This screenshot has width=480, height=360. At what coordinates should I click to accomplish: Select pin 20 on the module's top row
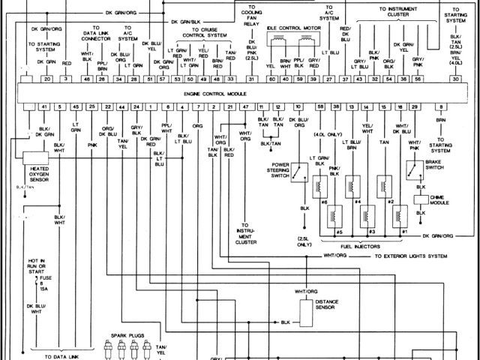click(46, 78)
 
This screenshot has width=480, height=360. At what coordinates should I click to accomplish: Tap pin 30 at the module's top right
click(456, 78)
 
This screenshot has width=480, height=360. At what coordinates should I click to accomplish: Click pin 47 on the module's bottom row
click(245, 108)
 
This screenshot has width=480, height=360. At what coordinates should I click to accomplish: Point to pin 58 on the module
click(320, 108)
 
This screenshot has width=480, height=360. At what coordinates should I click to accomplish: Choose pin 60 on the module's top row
click(272, 78)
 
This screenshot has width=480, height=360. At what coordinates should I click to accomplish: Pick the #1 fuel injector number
click(404, 232)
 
